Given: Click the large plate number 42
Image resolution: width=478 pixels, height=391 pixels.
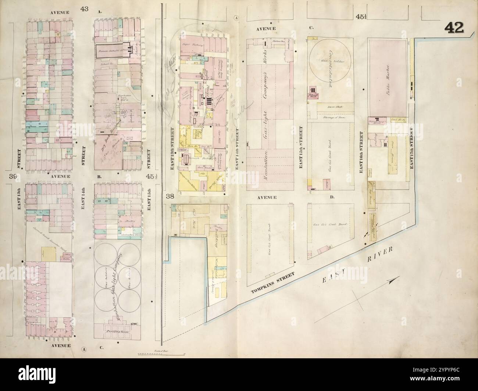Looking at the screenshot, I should point(454,28).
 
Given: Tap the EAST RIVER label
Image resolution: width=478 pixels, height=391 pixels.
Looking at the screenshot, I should point(358,264).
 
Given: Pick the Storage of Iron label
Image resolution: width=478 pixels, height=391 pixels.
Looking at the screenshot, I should point(333,117).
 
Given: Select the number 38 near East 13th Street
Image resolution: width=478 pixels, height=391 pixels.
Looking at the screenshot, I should point(170,196).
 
